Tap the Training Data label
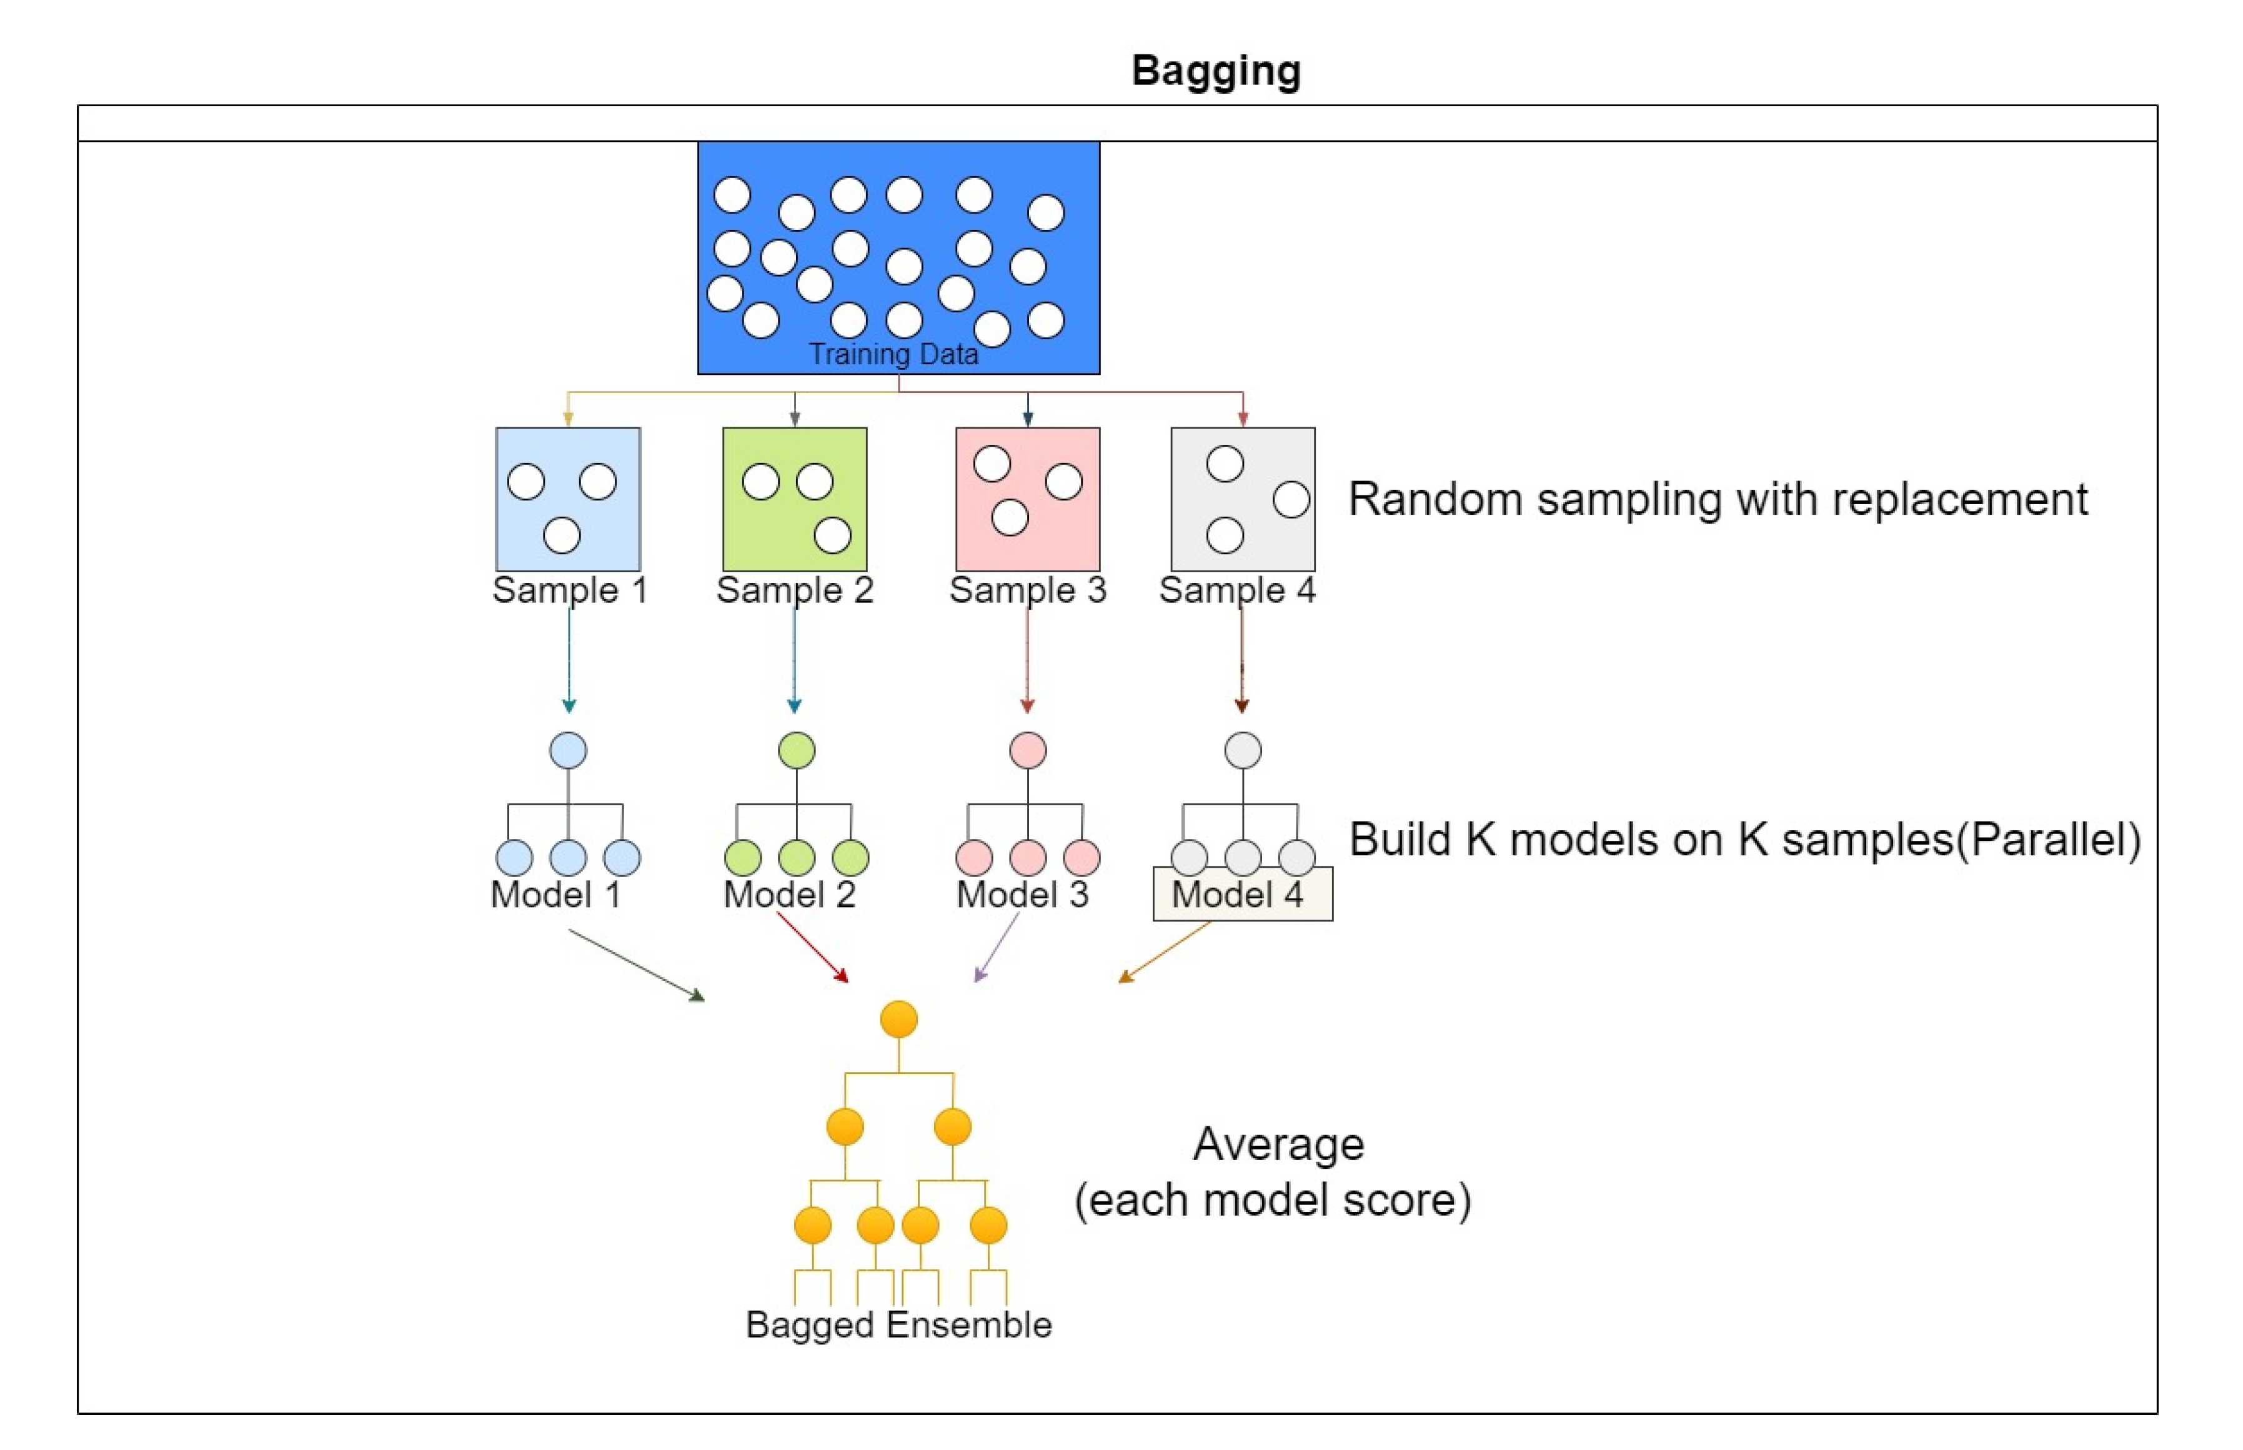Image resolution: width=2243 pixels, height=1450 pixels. [893, 354]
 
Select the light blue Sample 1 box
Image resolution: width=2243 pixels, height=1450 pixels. [568, 499]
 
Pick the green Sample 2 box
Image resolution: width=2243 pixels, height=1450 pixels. [795, 499]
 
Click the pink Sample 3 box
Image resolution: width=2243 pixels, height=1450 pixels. [1027, 499]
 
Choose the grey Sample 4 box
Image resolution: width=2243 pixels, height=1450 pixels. [1243, 499]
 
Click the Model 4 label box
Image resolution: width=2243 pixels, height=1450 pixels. [1242, 893]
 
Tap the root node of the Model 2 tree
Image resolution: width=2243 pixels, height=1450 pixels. [797, 750]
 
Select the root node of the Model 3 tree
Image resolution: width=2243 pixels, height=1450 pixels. [1027, 750]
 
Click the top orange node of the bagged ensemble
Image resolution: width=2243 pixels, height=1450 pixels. [898, 1019]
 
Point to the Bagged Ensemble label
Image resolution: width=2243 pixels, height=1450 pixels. [898, 1325]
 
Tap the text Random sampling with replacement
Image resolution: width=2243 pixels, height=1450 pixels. [1718, 499]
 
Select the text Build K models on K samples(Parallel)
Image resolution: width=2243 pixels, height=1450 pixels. [1745, 839]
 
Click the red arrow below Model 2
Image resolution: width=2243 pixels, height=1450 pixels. [812, 947]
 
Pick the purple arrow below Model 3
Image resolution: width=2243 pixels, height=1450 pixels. [997, 947]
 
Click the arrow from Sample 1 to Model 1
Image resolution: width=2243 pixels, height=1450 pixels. [568, 660]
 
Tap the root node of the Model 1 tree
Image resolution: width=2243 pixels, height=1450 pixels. [568, 750]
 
